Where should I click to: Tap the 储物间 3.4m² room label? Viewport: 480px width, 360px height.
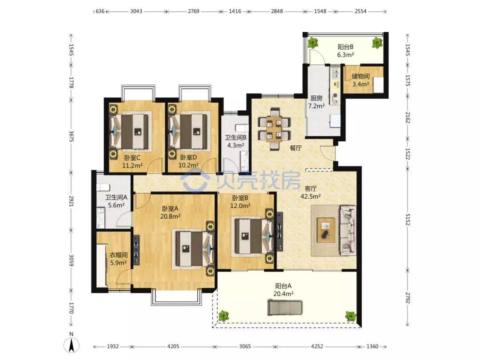point(360,80)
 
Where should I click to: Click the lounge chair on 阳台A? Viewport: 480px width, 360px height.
point(285,308)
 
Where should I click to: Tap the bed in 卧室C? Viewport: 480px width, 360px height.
point(130,131)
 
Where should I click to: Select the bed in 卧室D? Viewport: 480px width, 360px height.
point(189,131)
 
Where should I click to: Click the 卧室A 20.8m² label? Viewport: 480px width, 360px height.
point(170,212)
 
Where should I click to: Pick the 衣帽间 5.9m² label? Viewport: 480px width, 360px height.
point(119,259)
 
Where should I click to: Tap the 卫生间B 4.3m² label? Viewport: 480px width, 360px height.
point(236,141)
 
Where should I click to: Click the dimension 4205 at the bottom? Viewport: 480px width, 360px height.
point(173,347)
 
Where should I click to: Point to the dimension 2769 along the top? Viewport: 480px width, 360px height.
point(193,11)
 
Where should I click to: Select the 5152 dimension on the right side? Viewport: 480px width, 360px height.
point(408,219)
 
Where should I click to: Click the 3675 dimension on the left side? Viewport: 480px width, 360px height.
point(71,136)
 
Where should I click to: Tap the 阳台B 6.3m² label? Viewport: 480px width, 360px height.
point(346,51)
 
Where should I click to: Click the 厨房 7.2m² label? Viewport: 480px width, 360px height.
point(316,102)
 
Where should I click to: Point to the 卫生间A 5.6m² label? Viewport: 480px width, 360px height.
point(116,201)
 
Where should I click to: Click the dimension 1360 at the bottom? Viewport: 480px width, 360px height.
point(372,347)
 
